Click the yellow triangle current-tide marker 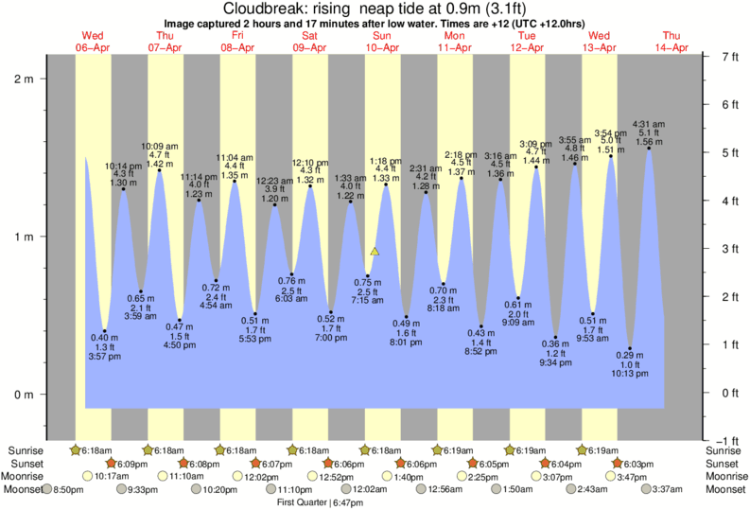pos(375,252)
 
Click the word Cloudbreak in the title pos(262,9)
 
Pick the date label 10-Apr pos(382,46)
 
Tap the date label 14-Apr pos(675,46)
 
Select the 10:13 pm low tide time pos(630,374)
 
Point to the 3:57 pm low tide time pos(104,357)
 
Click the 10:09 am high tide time pos(159,146)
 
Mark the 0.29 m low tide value pos(630,353)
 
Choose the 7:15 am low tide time pos(368,300)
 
